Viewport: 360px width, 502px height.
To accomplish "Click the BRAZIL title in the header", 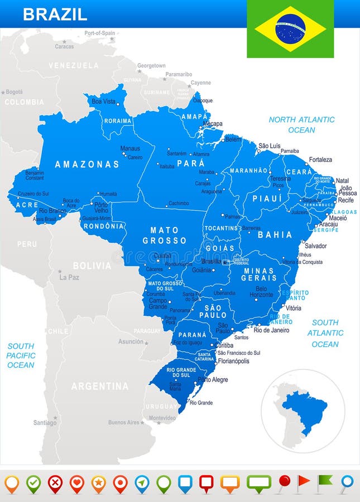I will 55,15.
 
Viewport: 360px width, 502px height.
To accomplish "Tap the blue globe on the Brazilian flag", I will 290,29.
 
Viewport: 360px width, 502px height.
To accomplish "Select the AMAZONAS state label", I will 87,164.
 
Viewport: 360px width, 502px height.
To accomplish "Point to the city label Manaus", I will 130,148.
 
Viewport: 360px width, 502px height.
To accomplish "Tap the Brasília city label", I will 211,261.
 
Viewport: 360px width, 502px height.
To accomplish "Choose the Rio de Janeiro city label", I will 271,330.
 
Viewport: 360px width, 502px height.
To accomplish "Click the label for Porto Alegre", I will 213,380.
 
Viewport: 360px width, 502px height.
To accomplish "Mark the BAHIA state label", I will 275,235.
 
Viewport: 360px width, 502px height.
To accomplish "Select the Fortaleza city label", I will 320,160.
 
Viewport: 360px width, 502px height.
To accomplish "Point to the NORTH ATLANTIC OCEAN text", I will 301,124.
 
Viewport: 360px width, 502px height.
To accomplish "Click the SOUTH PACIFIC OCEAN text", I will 21,355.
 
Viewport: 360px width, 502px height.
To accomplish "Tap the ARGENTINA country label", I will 100,386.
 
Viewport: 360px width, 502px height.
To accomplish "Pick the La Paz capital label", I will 69,277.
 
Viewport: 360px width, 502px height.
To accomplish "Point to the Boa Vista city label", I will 103,102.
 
